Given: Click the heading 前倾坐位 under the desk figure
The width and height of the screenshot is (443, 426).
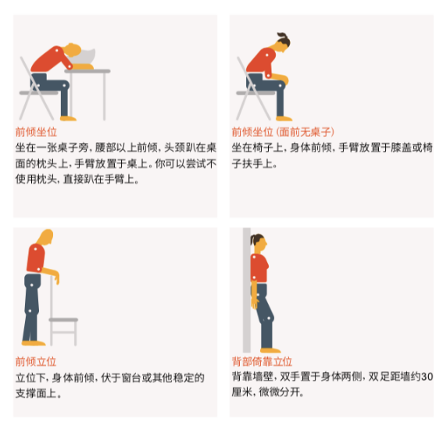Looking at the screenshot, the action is (x=36, y=132).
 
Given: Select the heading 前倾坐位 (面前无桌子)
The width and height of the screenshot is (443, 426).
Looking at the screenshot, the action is (x=283, y=132).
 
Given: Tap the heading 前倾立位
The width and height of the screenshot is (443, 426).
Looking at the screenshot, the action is (x=36, y=362).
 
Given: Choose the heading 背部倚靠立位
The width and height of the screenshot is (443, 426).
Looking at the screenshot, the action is (x=262, y=362).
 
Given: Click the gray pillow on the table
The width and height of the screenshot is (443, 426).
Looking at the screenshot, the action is (x=84, y=57).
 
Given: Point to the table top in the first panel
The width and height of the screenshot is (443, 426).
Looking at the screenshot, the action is (x=88, y=71).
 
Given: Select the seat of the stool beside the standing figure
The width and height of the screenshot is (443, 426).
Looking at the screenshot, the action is (x=63, y=320).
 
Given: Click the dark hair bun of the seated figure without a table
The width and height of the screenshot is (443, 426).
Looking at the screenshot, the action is (x=284, y=39).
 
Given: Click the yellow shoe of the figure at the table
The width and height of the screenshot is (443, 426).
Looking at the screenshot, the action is (x=68, y=119).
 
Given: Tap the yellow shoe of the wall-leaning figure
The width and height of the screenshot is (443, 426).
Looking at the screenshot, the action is (x=270, y=350).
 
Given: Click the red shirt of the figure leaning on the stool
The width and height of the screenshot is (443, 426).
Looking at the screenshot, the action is (x=36, y=259).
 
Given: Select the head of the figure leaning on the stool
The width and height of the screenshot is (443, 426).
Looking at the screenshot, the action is (x=46, y=237).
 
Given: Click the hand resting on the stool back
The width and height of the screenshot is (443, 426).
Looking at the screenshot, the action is (x=57, y=277).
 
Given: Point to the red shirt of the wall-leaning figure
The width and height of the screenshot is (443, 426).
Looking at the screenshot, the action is (x=259, y=268).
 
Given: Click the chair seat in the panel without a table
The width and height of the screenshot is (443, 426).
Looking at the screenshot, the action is (x=255, y=93).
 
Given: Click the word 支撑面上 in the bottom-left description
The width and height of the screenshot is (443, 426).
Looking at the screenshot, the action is (x=36, y=393).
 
